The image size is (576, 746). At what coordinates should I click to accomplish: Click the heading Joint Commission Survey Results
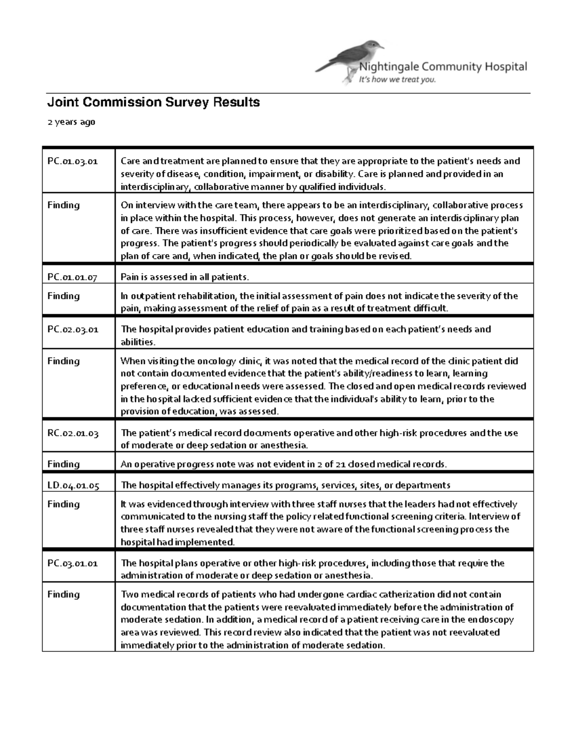coord(153,102)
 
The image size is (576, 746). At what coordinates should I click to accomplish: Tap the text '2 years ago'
coord(71,122)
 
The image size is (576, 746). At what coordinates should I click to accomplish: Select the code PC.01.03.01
coord(72,161)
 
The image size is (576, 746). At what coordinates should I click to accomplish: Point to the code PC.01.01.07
coord(72,277)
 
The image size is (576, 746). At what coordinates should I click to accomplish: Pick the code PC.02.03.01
coord(72,330)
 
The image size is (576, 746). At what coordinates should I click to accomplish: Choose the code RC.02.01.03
coord(73,433)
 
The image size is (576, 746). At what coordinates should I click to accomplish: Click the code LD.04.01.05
coord(73,486)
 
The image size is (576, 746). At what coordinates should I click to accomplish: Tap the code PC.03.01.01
coord(72,563)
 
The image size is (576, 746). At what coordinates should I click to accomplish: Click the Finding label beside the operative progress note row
coord(63,464)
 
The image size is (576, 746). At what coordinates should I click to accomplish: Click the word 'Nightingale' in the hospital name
coord(389,67)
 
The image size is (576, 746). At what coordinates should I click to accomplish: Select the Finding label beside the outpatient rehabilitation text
coord(63,296)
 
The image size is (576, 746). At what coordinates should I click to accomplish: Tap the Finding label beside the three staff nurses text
coord(63,504)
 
